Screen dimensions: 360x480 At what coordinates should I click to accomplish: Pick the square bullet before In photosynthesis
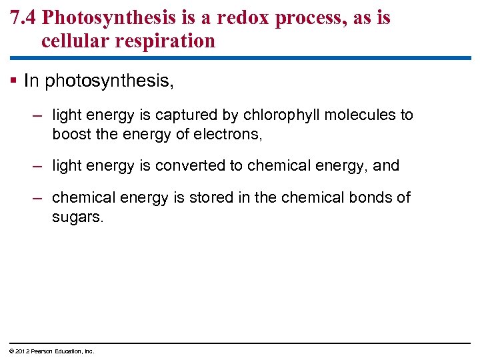click(15, 81)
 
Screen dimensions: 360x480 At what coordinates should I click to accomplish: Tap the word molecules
click(361, 115)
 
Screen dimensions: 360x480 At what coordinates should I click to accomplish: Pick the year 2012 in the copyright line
click(20, 351)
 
